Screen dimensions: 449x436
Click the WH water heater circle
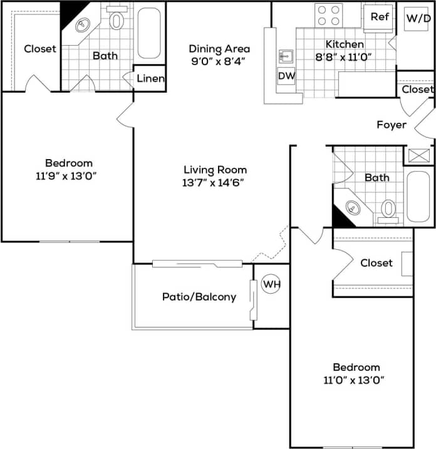pyautogui.click(x=271, y=284)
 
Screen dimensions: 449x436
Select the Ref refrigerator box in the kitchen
pyautogui.click(x=379, y=17)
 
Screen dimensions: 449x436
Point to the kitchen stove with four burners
pyautogui.click(x=328, y=15)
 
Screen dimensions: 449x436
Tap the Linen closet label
pyautogui.click(x=150, y=79)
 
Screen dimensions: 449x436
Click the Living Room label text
pyautogui.click(x=215, y=170)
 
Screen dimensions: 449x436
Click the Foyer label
pyautogui.click(x=391, y=125)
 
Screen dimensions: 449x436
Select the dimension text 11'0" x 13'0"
pyautogui.click(x=356, y=379)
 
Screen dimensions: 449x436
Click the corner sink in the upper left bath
pyautogui.click(x=83, y=25)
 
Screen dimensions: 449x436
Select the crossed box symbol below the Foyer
pyautogui.click(x=417, y=156)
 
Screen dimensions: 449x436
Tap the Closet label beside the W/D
pyautogui.click(x=417, y=90)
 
